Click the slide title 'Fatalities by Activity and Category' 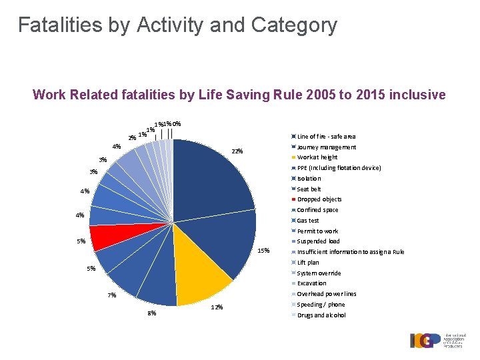click(x=177, y=25)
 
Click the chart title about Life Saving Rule click(x=239, y=95)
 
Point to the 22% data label click(x=237, y=151)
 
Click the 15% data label click(x=263, y=251)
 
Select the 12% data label click(x=217, y=307)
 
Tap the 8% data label click(x=151, y=313)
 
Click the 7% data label click(x=112, y=295)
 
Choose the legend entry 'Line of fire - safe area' click(x=325, y=137)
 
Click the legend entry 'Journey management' click(x=326, y=147)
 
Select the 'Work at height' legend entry click(x=317, y=157)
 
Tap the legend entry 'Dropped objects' click(x=319, y=199)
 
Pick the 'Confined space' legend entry click(x=317, y=210)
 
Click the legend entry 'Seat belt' click(x=309, y=189)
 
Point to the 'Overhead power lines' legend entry click(x=326, y=294)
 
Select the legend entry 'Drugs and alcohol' click(x=321, y=315)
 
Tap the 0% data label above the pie click(x=177, y=123)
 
